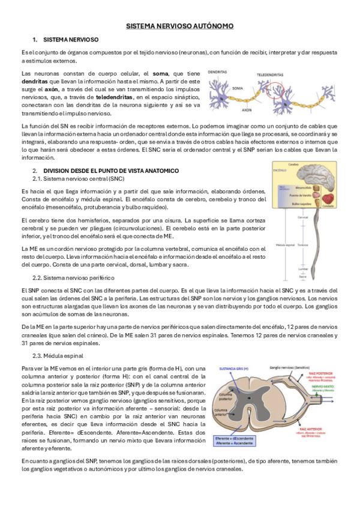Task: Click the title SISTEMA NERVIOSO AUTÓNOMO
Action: coord(180,26)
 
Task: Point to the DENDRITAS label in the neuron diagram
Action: coord(218,71)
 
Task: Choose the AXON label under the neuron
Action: coord(246,110)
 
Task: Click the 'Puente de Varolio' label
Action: coord(300,196)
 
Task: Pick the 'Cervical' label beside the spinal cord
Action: coord(302,217)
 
